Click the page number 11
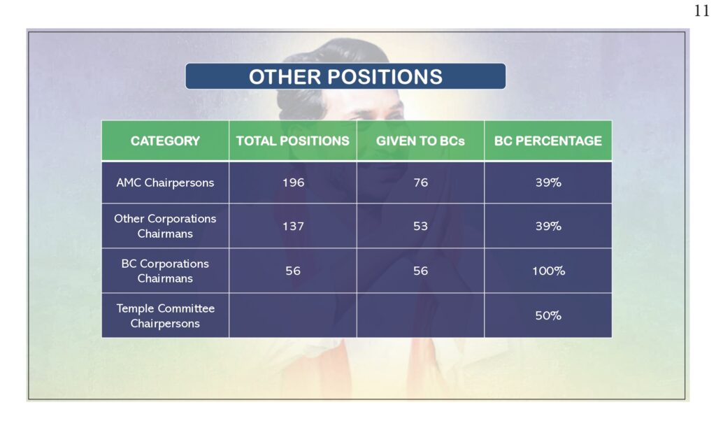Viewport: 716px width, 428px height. (702, 10)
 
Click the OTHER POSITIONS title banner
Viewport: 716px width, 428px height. (345, 76)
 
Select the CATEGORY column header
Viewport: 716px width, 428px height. (165, 141)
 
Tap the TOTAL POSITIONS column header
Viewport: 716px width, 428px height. (293, 141)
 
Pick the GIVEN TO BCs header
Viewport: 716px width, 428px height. (420, 141)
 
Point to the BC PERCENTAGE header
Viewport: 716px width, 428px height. (548, 141)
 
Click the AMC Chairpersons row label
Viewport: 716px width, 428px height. (165, 183)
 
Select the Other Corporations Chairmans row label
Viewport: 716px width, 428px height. (165, 226)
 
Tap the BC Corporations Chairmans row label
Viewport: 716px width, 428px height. (165, 271)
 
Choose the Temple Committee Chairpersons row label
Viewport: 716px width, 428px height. (165, 315)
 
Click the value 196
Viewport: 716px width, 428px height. (293, 183)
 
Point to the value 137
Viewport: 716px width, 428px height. (293, 226)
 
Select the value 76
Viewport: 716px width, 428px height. (420, 183)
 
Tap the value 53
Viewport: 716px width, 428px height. (420, 226)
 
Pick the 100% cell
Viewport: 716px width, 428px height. (548, 271)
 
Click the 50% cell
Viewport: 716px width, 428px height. (548, 315)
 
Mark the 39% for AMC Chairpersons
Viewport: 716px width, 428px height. (548, 183)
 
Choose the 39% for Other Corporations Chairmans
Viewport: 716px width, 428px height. (548, 226)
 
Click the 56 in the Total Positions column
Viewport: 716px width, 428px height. (293, 271)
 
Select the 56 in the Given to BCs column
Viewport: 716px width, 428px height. (420, 271)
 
